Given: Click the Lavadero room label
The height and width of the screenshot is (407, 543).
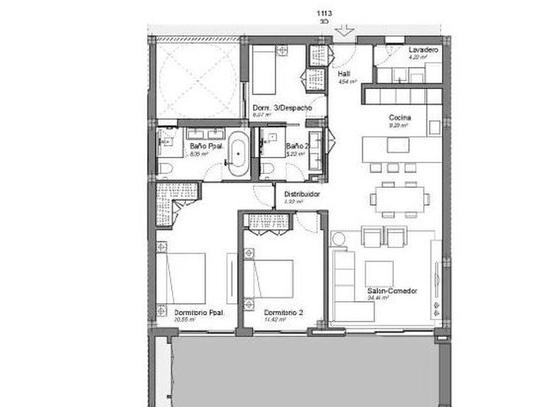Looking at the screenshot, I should point(424,50).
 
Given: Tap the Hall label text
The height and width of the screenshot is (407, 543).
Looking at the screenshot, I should point(344,73).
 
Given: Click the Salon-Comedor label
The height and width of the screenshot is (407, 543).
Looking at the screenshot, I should point(392,291).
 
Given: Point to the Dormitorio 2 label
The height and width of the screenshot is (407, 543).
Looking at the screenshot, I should point(284,312).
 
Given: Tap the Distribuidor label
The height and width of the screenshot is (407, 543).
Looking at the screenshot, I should point(303,194).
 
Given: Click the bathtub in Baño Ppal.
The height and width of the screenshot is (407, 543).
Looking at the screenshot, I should point(241,150).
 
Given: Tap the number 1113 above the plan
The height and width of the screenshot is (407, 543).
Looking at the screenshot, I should point(325,13).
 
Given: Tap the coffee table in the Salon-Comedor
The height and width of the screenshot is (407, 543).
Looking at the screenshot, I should point(379,273).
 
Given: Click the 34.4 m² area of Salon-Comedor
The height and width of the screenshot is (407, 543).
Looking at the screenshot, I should point(376,298).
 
